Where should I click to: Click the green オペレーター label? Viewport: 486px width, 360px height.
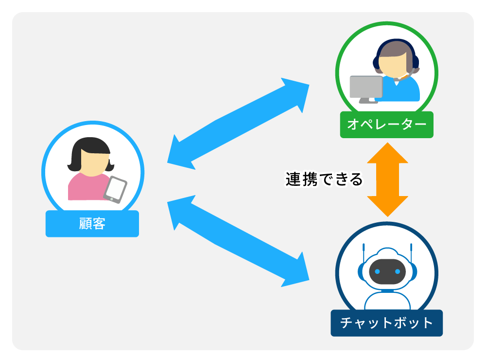(x=386, y=125)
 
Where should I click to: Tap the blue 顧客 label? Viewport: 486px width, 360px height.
(x=92, y=224)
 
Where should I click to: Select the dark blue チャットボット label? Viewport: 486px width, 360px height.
(x=386, y=323)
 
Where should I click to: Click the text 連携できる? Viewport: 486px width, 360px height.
(x=324, y=180)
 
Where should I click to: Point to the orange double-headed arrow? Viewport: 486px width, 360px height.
(x=387, y=180)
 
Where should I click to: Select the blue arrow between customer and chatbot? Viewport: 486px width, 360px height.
(x=238, y=241)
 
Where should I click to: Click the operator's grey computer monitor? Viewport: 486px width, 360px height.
(x=366, y=87)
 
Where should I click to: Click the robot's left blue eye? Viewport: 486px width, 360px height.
(x=377, y=271)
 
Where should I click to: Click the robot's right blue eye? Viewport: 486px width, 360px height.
(x=397, y=271)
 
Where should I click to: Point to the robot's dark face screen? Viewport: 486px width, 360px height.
(x=387, y=271)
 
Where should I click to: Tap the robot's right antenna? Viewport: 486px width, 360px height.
(x=411, y=253)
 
